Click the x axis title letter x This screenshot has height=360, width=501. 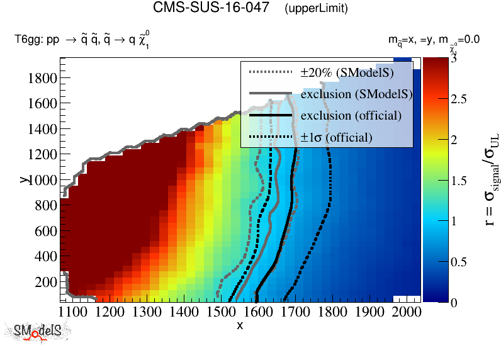click(x=240, y=325)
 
